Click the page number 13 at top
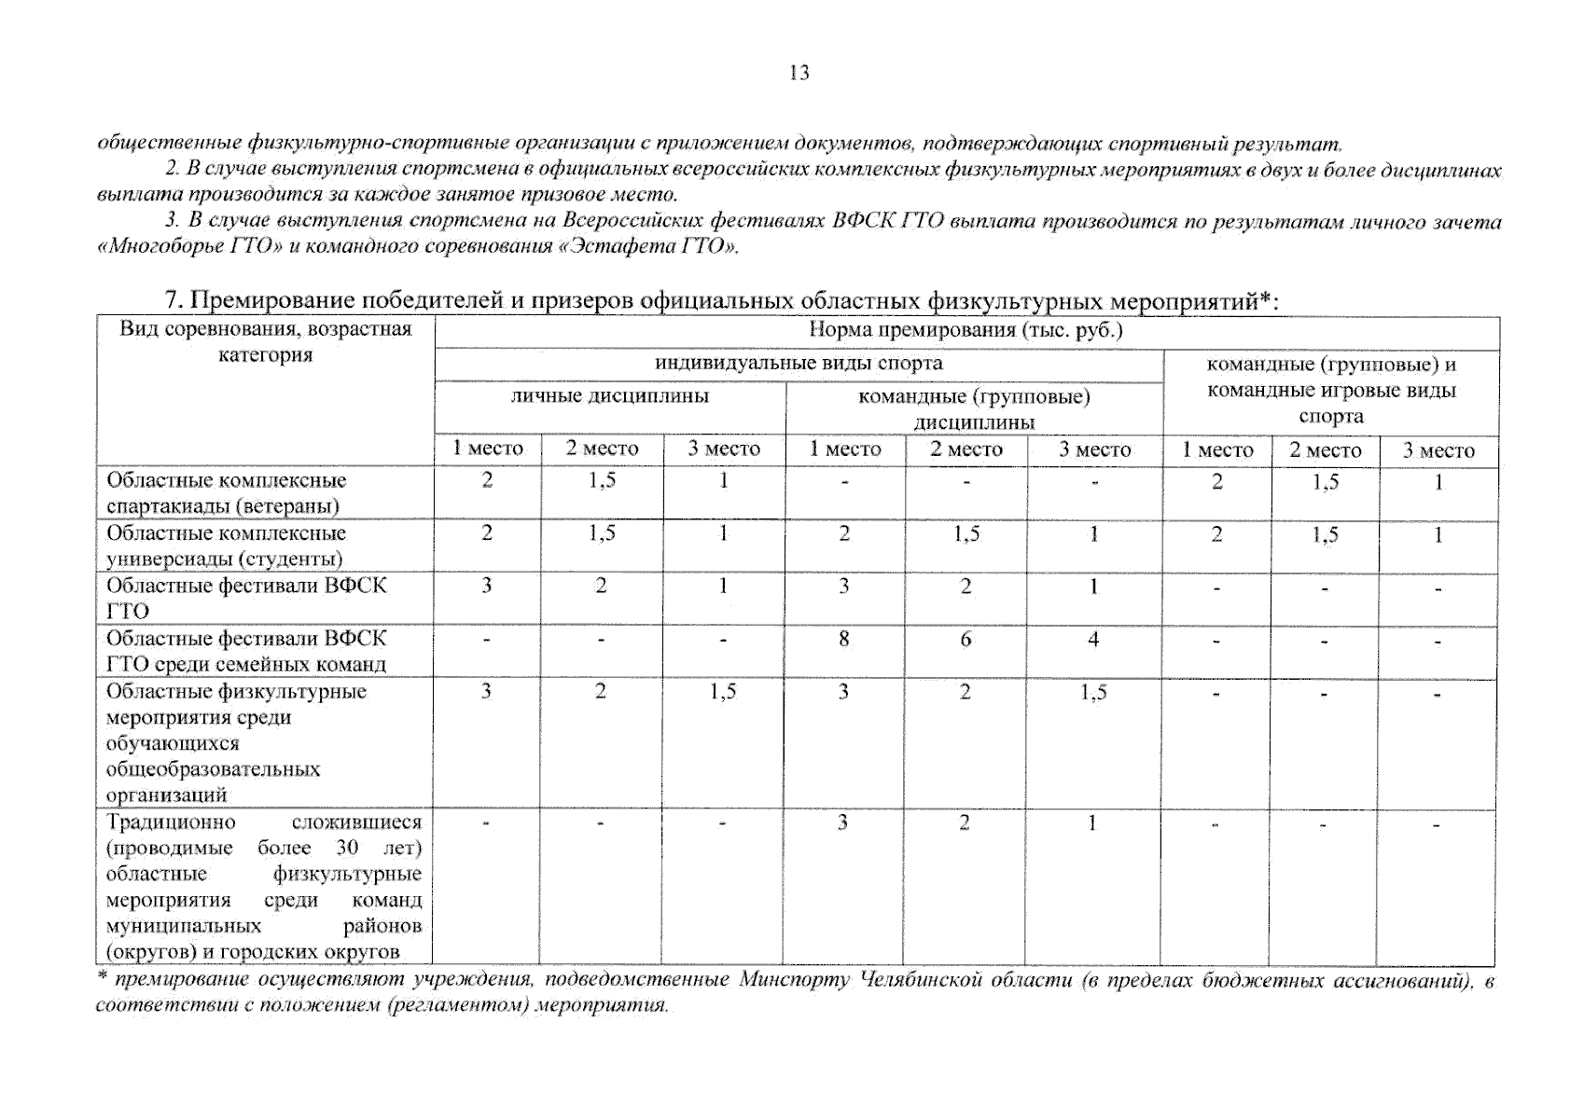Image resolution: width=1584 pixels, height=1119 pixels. click(x=799, y=73)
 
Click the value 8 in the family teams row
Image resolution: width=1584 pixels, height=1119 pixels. click(x=843, y=640)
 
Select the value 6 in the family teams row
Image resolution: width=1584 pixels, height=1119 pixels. click(x=966, y=640)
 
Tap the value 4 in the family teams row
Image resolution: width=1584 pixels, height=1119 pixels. click(x=1092, y=640)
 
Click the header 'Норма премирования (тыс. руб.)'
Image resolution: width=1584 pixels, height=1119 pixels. click(x=966, y=330)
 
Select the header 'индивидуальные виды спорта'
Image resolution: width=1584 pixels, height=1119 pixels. click(x=799, y=363)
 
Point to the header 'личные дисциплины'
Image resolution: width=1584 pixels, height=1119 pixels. click(x=609, y=396)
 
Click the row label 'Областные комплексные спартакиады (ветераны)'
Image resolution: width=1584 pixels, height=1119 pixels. click(x=226, y=493)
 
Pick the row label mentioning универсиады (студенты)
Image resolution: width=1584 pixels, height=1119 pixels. click(x=226, y=546)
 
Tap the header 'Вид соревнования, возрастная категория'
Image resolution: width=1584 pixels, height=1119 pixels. click(x=266, y=341)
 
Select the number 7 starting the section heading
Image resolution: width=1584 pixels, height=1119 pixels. click(x=171, y=301)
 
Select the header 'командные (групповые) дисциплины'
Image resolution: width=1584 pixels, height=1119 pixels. click(x=973, y=408)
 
